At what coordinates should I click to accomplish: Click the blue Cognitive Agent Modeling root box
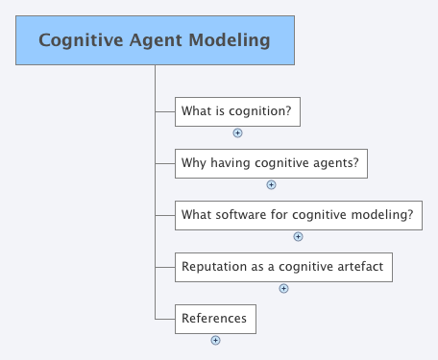(154, 41)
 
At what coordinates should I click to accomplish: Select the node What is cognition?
(236, 111)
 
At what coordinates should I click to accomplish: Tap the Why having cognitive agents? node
(270, 162)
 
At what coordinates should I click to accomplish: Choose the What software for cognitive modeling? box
(298, 214)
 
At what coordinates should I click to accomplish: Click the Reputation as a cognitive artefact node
(283, 267)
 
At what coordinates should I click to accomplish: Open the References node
(214, 319)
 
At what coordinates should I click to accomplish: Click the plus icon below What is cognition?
(237, 133)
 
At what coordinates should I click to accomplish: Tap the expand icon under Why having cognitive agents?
(271, 185)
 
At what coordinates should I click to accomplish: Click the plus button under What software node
(298, 236)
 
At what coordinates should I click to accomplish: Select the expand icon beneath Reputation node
(283, 288)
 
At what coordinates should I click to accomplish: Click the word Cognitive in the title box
(77, 41)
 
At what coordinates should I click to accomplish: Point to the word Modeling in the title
(230, 41)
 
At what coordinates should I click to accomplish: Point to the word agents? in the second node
(335, 163)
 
